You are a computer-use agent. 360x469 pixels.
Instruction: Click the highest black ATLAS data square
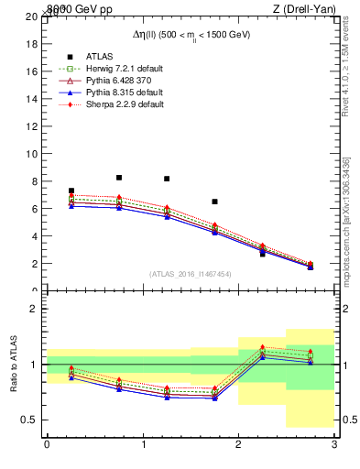tap(119, 178)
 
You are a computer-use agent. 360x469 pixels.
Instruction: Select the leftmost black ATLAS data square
tap(71, 191)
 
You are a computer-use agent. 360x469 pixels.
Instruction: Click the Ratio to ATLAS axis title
tap(14, 364)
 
